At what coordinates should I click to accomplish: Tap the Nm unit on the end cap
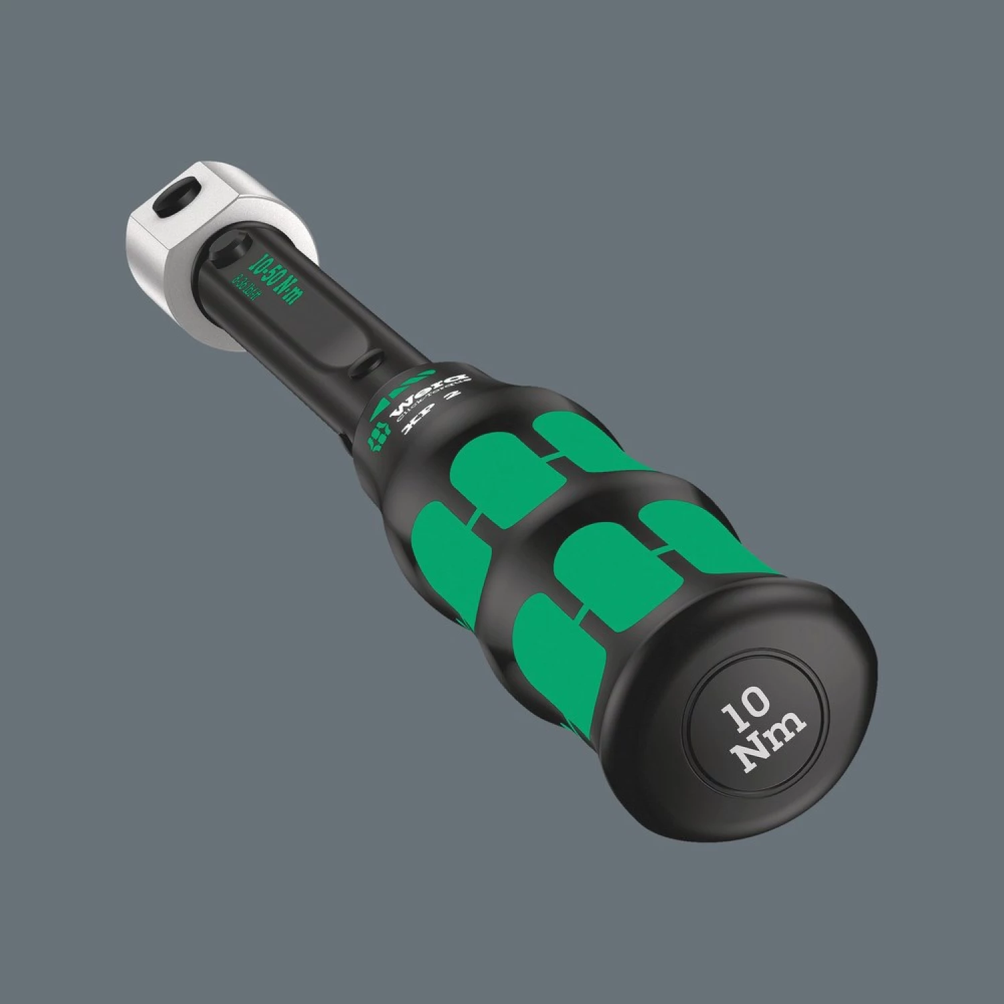[770, 743]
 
